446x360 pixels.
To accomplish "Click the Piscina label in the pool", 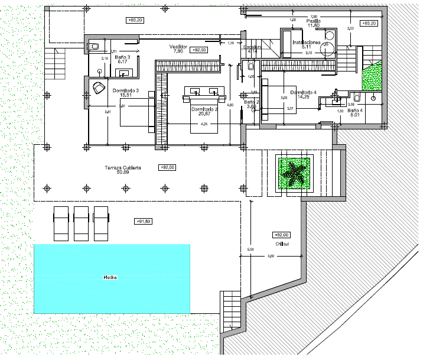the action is tap(109, 278).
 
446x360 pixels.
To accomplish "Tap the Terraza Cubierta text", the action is tap(123, 168).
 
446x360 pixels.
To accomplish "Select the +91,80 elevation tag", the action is tap(143, 221).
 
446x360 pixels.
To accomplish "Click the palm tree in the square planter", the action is tap(293, 173).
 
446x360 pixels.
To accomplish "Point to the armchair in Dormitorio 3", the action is tap(99, 88).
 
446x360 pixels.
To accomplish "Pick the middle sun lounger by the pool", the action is tap(82, 223).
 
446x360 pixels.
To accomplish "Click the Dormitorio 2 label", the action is tap(204, 109).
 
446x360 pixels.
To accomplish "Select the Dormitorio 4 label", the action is tap(303, 93).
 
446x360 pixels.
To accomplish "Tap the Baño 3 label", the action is tap(122, 57).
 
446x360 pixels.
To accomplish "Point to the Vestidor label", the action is tap(178, 47).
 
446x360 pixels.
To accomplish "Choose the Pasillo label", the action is tap(313, 21).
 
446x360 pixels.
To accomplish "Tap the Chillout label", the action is tap(283, 244).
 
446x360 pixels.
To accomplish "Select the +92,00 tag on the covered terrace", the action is tap(167, 167).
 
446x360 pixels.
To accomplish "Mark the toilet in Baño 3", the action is tap(95, 46).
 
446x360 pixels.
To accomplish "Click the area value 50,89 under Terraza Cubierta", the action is tap(123, 173).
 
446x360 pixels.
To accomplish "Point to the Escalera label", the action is tap(252, 47).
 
